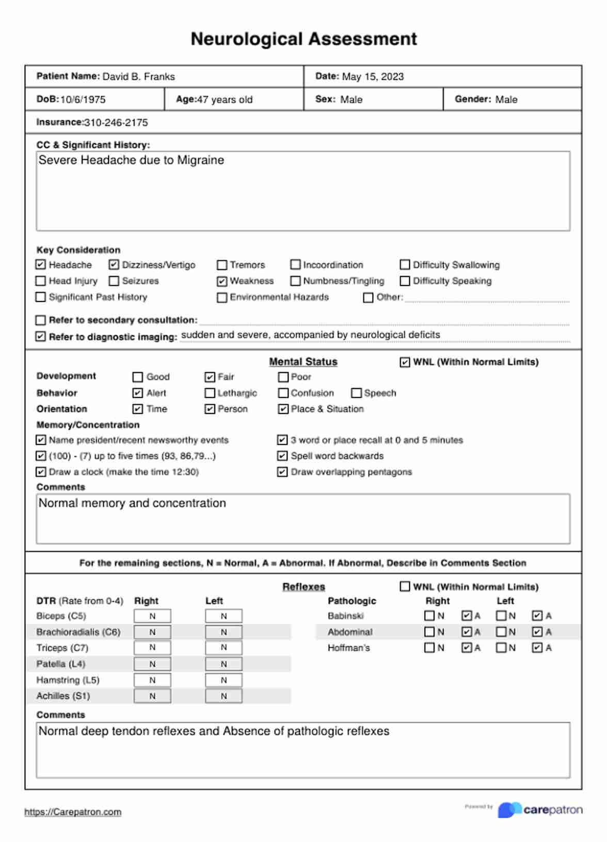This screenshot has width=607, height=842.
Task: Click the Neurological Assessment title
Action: (x=303, y=39)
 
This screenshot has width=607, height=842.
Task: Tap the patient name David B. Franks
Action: (x=138, y=77)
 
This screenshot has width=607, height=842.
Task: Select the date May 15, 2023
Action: (x=373, y=77)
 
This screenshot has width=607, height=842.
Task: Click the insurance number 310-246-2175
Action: (x=116, y=123)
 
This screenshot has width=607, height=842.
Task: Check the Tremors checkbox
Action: (x=222, y=265)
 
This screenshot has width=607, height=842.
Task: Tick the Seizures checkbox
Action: (x=114, y=281)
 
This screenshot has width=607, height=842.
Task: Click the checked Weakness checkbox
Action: (x=222, y=281)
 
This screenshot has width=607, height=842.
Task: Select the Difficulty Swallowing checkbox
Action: (x=405, y=265)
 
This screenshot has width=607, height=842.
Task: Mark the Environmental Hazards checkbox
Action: (x=222, y=298)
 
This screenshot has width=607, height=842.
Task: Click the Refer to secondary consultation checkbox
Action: (x=41, y=320)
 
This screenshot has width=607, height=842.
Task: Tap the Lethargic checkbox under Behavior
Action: (x=210, y=393)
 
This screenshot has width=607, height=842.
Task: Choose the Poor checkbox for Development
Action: (x=283, y=377)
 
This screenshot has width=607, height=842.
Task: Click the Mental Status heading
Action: (x=303, y=362)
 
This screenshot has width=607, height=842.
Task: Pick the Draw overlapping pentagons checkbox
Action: (x=282, y=472)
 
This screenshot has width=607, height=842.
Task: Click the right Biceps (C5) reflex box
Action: (x=152, y=616)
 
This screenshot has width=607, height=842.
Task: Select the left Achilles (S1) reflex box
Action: (x=223, y=696)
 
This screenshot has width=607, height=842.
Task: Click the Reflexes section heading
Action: (x=303, y=587)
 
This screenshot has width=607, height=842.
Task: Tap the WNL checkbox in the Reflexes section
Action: (x=405, y=587)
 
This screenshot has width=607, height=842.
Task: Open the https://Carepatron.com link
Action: (x=73, y=812)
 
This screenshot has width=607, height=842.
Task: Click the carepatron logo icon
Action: (x=509, y=810)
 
